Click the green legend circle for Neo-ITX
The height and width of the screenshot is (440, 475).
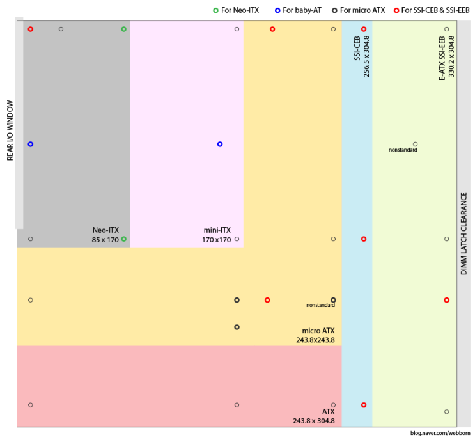pyautogui.click(x=215, y=10)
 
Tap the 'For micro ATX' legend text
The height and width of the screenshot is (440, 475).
pyautogui.click(x=362, y=10)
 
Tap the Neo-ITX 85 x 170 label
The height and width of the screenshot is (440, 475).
pyautogui.click(x=105, y=235)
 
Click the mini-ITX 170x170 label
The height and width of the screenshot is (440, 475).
pyautogui.click(x=216, y=235)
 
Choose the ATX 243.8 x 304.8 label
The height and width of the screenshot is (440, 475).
pyautogui.click(x=314, y=416)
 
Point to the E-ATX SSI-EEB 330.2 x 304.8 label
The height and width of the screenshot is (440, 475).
pyautogui.click(x=446, y=57)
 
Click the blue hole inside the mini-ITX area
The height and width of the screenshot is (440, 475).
pyautogui.click(x=220, y=144)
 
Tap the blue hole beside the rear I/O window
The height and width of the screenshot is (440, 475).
pyautogui.click(x=30, y=144)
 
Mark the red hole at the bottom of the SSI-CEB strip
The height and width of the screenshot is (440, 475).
pyautogui.click(x=364, y=405)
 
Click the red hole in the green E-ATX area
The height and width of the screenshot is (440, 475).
pyautogui.click(x=446, y=300)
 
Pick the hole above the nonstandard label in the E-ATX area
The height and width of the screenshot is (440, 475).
pyautogui.click(x=415, y=144)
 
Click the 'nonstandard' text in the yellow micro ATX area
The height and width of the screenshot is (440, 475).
pyautogui.click(x=320, y=306)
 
